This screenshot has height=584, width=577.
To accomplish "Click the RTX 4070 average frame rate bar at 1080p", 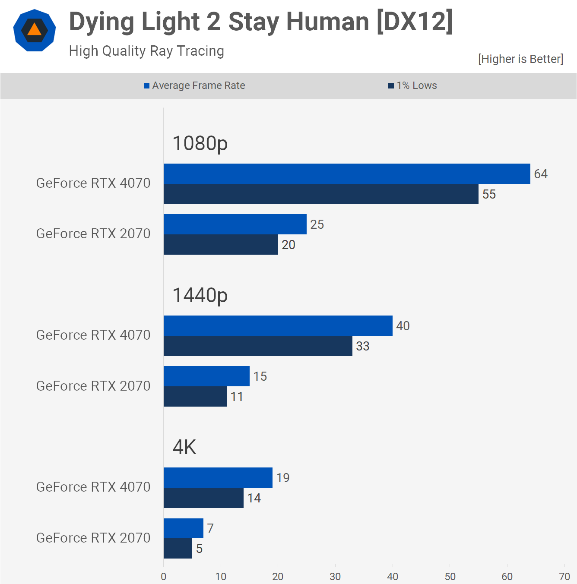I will [x=347, y=174].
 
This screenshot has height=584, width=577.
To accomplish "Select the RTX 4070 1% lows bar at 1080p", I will [x=321, y=194].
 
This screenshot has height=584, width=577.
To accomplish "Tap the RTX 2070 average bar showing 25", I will [x=235, y=224].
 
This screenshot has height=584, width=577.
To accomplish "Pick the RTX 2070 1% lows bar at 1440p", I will [x=195, y=397].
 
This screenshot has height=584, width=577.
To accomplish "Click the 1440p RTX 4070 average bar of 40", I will [x=278, y=326].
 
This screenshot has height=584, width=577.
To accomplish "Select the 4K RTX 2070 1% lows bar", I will [x=178, y=549].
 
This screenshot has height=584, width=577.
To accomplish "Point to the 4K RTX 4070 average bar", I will [x=218, y=478].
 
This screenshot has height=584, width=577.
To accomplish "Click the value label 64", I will [x=541, y=174].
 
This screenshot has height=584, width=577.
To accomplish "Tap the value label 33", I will [x=363, y=346].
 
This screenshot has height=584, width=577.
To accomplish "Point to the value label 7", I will [x=210, y=528].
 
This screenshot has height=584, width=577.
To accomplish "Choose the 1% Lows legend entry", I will [x=413, y=85].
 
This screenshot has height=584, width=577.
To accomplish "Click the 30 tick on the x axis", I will [x=335, y=577].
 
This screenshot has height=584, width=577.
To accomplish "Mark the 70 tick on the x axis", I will [x=564, y=577].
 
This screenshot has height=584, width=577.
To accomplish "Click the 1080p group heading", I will [x=200, y=143].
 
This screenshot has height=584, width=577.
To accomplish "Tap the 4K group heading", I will [x=184, y=447].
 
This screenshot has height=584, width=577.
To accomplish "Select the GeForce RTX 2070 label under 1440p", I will [x=93, y=386].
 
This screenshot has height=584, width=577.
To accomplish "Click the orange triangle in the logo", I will [x=35, y=30].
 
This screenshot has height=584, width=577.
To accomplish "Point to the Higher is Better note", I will [x=520, y=59].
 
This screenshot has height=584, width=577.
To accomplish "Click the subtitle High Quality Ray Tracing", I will [x=146, y=51].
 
